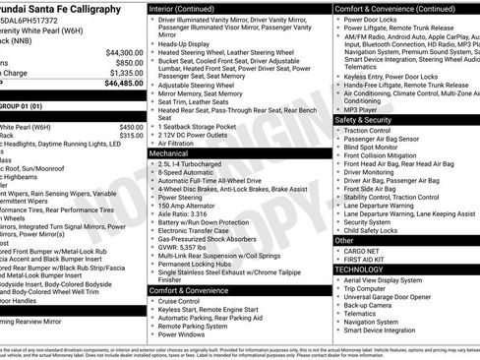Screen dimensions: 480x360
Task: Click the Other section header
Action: (344, 240)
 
